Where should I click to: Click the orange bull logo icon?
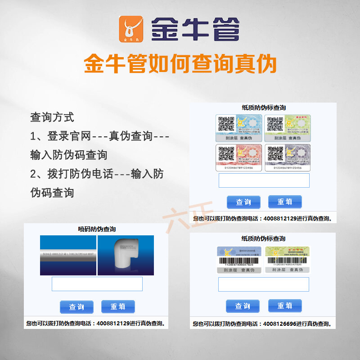point(130,29)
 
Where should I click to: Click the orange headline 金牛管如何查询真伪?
point(180,64)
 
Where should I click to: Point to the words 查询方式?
point(52,117)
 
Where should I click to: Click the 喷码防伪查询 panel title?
point(97,229)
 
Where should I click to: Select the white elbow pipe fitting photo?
point(126,255)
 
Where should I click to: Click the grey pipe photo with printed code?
point(68,255)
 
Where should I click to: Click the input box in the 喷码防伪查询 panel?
point(97,284)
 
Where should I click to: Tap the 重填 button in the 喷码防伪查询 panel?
point(118,306)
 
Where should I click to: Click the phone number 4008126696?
point(280,324)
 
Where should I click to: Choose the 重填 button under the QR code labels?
point(285,202)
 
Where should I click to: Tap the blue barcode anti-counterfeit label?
point(239,259)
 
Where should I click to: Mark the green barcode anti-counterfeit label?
point(288,259)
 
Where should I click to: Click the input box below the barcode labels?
point(263,284)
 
